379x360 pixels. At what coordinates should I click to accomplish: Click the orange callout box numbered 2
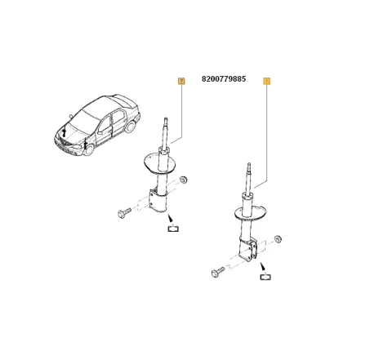point(181,80)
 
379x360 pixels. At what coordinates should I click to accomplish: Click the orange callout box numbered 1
point(266,81)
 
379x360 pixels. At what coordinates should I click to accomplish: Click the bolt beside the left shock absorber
point(125,213)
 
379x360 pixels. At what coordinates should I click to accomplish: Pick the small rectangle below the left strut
point(172,230)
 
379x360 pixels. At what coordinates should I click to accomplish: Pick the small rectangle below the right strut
point(265,278)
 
